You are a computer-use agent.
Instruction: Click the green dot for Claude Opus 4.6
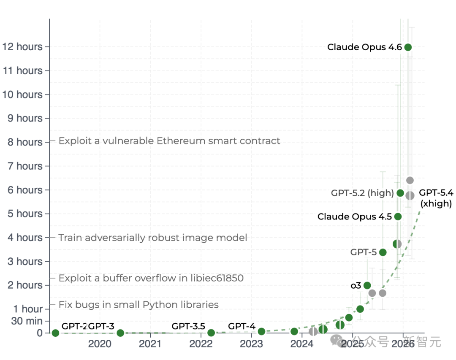tap(408, 47)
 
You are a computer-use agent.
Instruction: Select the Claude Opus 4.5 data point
tap(398, 217)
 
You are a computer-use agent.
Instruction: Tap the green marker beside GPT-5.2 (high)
tap(400, 193)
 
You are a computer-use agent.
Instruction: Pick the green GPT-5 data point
tap(383, 252)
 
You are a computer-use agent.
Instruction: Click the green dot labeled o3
tap(367, 285)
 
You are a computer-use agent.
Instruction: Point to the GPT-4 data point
tap(261, 332)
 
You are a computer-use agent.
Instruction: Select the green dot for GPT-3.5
tap(211, 333)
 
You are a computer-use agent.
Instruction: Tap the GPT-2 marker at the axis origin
tap(55, 333)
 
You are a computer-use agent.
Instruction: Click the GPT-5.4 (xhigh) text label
tap(436, 198)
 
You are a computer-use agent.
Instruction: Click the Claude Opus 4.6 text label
tap(364, 47)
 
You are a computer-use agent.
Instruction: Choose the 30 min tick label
tap(27, 321)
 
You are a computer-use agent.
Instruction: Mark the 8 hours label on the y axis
tap(25, 142)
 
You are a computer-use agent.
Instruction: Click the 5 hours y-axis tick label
tap(25, 214)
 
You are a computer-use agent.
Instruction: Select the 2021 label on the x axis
tap(150, 344)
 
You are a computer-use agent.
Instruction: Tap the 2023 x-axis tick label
tap(251, 344)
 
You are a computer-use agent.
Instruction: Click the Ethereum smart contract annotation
tap(169, 141)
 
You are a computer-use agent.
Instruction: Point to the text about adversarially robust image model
tap(153, 238)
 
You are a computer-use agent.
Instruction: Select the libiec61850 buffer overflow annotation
tap(151, 278)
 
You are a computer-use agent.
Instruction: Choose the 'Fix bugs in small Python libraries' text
tap(138, 305)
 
